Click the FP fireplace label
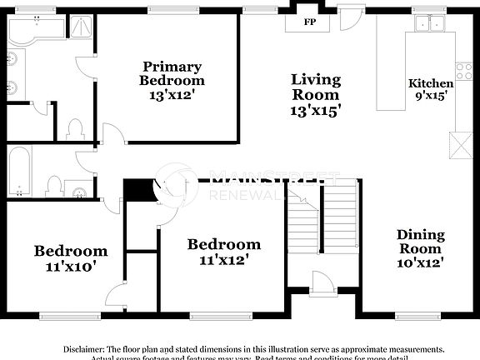coord(309,22)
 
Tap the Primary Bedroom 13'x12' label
coord(172,81)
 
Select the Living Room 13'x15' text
coord(316,93)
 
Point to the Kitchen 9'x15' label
coord(431,89)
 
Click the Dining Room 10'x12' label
coord(420,248)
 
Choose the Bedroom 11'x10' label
coord(70,258)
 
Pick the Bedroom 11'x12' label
coord(223,252)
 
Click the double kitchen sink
coord(432,24)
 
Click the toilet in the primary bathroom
coord(74,129)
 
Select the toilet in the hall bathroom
coord(54,185)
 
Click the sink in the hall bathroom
coord(79,191)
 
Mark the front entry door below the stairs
coord(322,285)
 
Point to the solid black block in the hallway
coord(137,189)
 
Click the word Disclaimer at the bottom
coord(83,348)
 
